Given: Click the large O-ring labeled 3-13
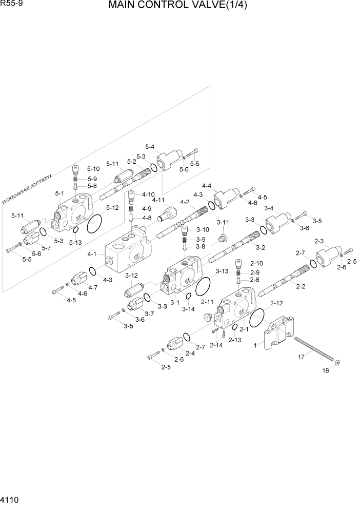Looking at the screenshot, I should click(204, 286).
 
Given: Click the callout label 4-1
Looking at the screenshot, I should click(92, 254).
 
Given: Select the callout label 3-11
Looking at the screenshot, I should click(223, 222).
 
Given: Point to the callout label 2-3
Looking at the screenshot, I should click(318, 241).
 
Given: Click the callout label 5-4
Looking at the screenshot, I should click(150, 146).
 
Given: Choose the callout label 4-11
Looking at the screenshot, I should click(158, 200).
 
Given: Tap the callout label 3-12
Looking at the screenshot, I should click(132, 276).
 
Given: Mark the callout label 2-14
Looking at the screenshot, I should click(216, 345).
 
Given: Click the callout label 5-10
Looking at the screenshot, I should click(93, 168).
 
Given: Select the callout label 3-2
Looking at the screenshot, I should click(260, 248).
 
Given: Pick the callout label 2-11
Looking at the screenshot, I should click(207, 302).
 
